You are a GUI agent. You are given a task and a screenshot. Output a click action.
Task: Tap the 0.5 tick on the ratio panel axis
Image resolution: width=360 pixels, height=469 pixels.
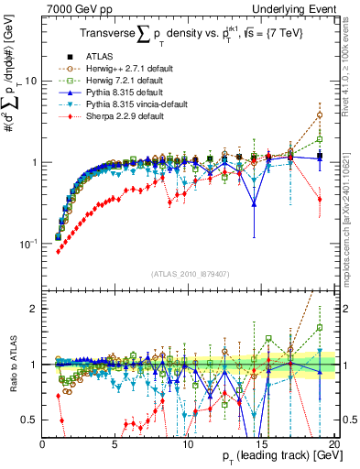pos(29,420)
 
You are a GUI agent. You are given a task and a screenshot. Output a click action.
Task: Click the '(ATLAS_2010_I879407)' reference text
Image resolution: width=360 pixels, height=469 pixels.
pos(189,274)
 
